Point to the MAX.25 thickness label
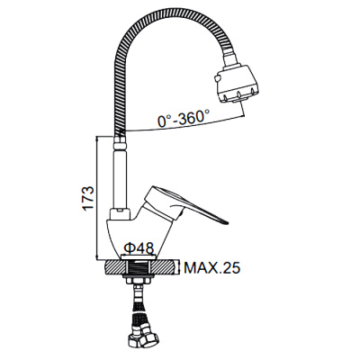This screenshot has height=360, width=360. pyautogui.click(x=213, y=267)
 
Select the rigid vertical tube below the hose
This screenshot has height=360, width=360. pyautogui.click(x=119, y=171)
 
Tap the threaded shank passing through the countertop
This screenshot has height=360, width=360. pyautogui.click(x=140, y=267)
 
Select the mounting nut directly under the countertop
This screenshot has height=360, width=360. pyautogui.click(x=140, y=281)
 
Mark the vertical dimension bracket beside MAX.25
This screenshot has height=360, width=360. pyautogui.click(x=181, y=267)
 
